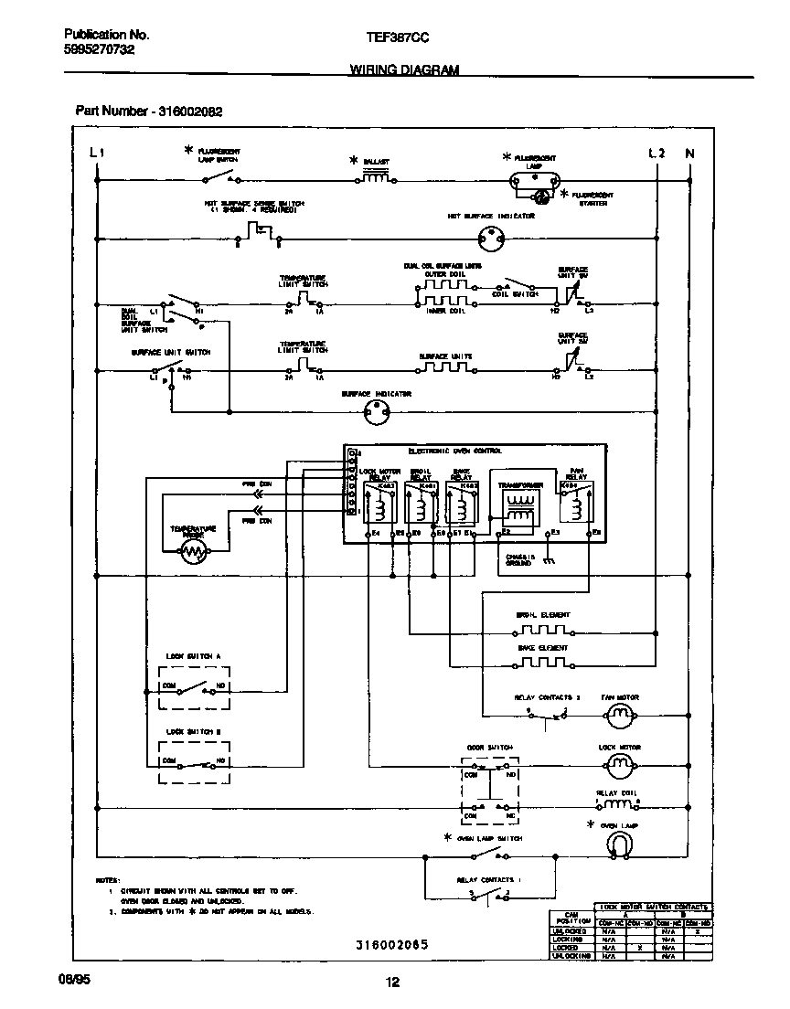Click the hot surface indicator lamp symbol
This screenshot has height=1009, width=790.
[x=492, y=240]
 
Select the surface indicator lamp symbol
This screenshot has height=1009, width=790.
[x=375, y=413]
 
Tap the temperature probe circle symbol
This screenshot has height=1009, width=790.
[x=193, y=550]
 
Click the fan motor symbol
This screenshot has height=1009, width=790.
[x=620, y=718]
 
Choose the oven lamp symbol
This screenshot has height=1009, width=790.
[x=619, y=847]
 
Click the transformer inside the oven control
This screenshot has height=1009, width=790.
[x=520, y=507]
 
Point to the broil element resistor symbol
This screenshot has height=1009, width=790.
[x=541, y=631]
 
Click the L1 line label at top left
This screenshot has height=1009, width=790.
[x=97, y=153]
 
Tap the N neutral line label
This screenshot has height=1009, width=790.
[x=689, y=153]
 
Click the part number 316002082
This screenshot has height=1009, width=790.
[x=191, y=111]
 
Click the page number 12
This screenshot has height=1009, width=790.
[x=392, y=982]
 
